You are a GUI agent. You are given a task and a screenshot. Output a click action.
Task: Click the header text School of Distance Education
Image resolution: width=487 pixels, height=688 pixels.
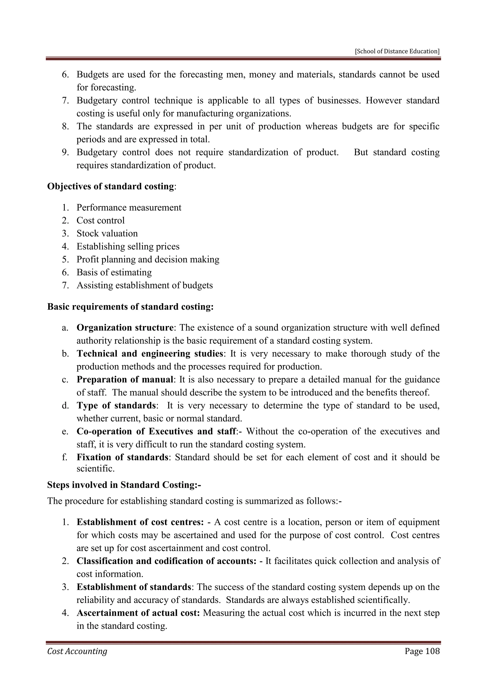pyautogui.click(x=397, y=51)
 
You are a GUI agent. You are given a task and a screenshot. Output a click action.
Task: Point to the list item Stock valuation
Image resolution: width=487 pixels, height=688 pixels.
pyautogui.click(x=107, y=234)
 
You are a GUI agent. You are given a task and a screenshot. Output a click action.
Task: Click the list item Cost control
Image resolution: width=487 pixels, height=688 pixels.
pyautogui.click(x=100, y=220)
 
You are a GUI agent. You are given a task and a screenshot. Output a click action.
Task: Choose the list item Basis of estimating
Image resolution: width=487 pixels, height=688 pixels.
pyautogui.click(x=114, y=272)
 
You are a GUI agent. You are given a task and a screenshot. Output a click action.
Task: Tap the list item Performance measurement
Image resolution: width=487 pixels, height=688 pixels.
pyautogui.click(x=129, y=207)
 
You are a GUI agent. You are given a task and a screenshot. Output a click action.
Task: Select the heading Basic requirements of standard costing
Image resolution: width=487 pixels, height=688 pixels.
pyautogui.click(x=130, y=307)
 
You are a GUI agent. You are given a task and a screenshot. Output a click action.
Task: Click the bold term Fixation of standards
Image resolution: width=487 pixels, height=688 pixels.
pyautogui.click(x=122, y=457)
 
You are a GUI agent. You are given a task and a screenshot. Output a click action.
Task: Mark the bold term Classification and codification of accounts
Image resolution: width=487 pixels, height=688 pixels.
pyautogui.click(x=166, y=561)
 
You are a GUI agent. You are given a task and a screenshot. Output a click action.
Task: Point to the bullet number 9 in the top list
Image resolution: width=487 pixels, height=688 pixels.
pyautogui.click(x=65, y=153)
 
